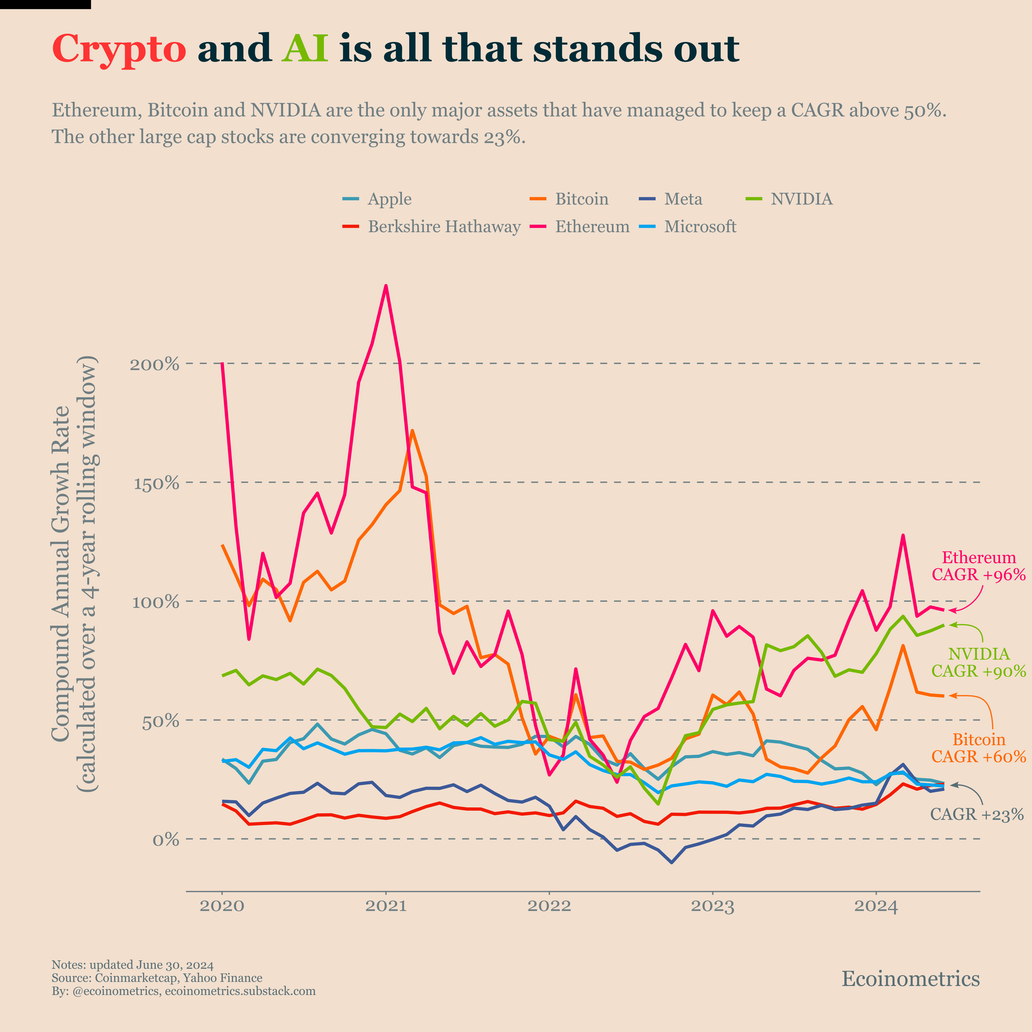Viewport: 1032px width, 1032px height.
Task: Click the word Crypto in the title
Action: tap(119, 49)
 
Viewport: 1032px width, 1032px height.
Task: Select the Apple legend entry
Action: tap(389, 199)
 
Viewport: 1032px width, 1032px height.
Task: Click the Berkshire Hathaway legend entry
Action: tap(444, 227)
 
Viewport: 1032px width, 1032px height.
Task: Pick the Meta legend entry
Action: tap(683, 199)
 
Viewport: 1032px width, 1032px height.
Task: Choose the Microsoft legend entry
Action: tap(700, 227)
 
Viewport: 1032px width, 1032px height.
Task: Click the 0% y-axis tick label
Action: tap(165, 840)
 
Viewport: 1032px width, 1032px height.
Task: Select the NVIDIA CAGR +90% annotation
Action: tap(979, 662)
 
